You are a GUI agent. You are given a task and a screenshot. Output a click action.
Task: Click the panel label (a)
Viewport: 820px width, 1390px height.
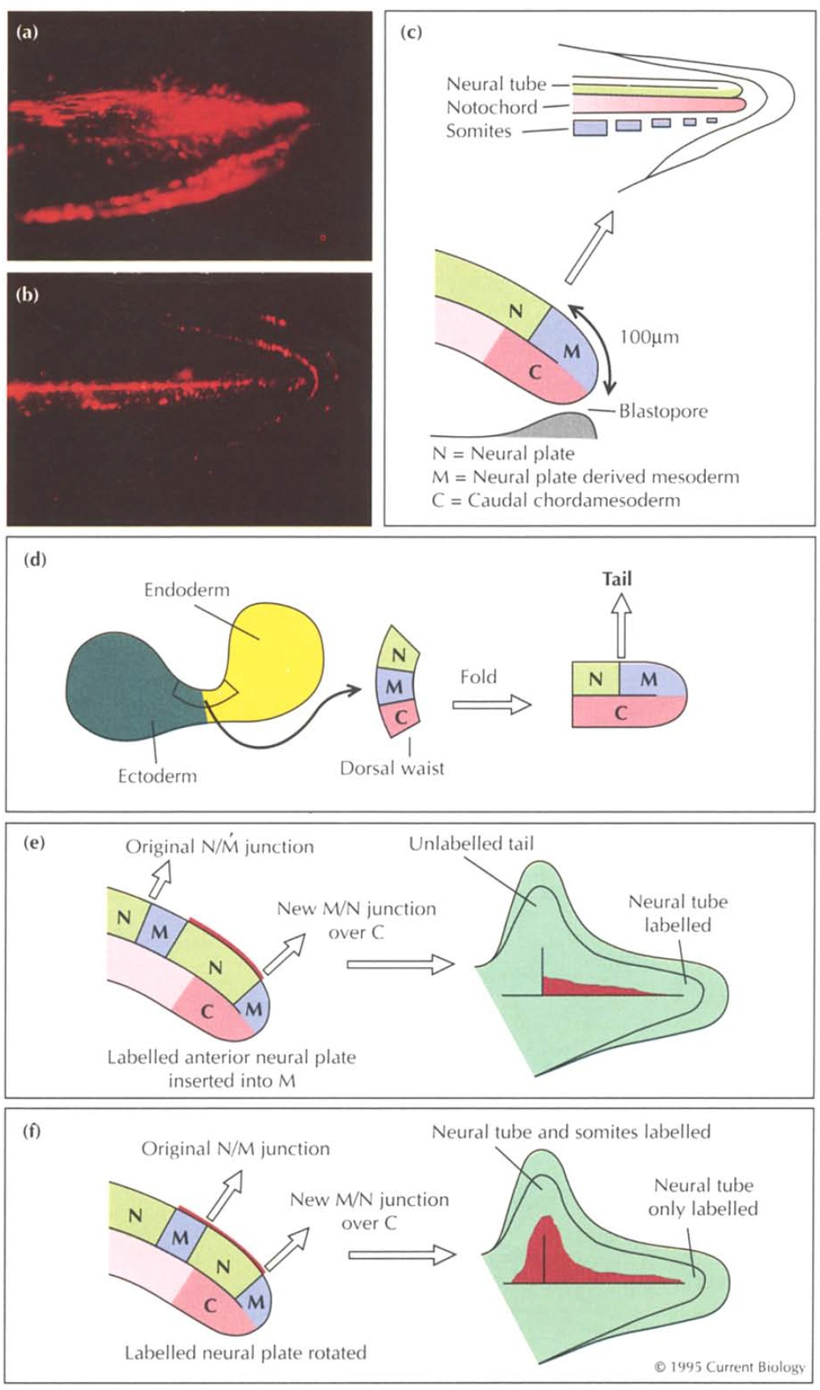(27, 33)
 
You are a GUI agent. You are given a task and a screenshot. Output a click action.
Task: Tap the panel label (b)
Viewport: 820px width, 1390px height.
(27, 294)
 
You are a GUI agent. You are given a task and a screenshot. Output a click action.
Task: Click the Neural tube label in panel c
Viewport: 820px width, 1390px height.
(496, 84)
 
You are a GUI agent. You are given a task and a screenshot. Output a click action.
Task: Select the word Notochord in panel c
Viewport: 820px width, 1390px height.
(491, 107)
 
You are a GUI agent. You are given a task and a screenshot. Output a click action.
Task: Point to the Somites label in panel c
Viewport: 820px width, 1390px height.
(478, 130)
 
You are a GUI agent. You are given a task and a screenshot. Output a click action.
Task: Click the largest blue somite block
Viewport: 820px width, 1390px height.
(589, 127)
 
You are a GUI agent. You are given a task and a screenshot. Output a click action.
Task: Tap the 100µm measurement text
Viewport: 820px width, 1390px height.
(649, 337)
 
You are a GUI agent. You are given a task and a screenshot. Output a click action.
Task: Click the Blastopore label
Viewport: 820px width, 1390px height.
(663, 411)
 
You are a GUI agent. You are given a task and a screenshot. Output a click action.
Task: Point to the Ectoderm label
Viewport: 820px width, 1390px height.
(157, 776)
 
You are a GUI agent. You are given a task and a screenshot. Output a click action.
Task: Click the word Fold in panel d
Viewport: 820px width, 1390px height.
(478, 676)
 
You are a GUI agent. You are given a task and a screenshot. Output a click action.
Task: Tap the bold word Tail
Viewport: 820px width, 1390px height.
(617, 578)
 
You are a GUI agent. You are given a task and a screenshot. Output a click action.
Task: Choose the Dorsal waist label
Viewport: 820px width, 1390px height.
(392, 768)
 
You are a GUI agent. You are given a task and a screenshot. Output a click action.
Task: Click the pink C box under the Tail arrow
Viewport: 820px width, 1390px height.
(621, 713)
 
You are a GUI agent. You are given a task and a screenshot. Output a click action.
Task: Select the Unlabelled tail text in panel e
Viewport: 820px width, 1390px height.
(471, 844)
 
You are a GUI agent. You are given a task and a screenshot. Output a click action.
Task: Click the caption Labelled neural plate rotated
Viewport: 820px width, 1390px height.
(245, 1353)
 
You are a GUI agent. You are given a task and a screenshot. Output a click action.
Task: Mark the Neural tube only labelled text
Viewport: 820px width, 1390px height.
(703, 1197)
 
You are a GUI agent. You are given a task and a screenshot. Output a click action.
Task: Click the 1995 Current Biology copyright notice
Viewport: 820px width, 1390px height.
(729, 1367)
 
